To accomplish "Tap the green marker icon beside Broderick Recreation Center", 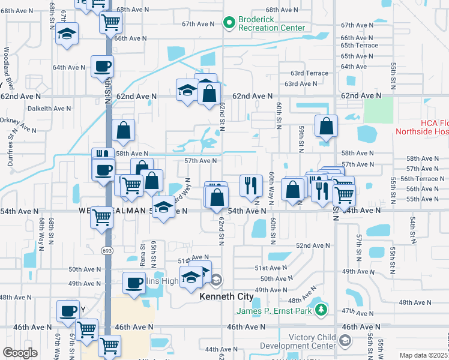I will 229,23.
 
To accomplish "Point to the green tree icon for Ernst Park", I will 322,310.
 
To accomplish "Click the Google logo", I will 20,353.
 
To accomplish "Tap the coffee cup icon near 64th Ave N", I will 102,65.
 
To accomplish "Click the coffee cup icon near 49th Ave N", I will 134,282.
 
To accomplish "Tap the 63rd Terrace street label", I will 310,73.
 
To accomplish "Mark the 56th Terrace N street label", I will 421,179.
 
